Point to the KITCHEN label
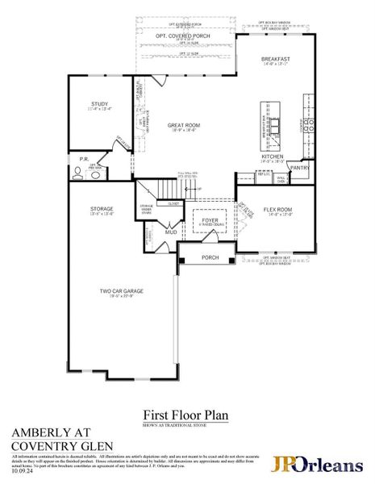click(272, 157)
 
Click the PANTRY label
click(301, 169)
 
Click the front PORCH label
click(210, 258)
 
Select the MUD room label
click(171, 232)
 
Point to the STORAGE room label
click(101, 209)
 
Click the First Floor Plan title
click(185, 415)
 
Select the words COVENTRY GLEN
click(61, 446)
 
